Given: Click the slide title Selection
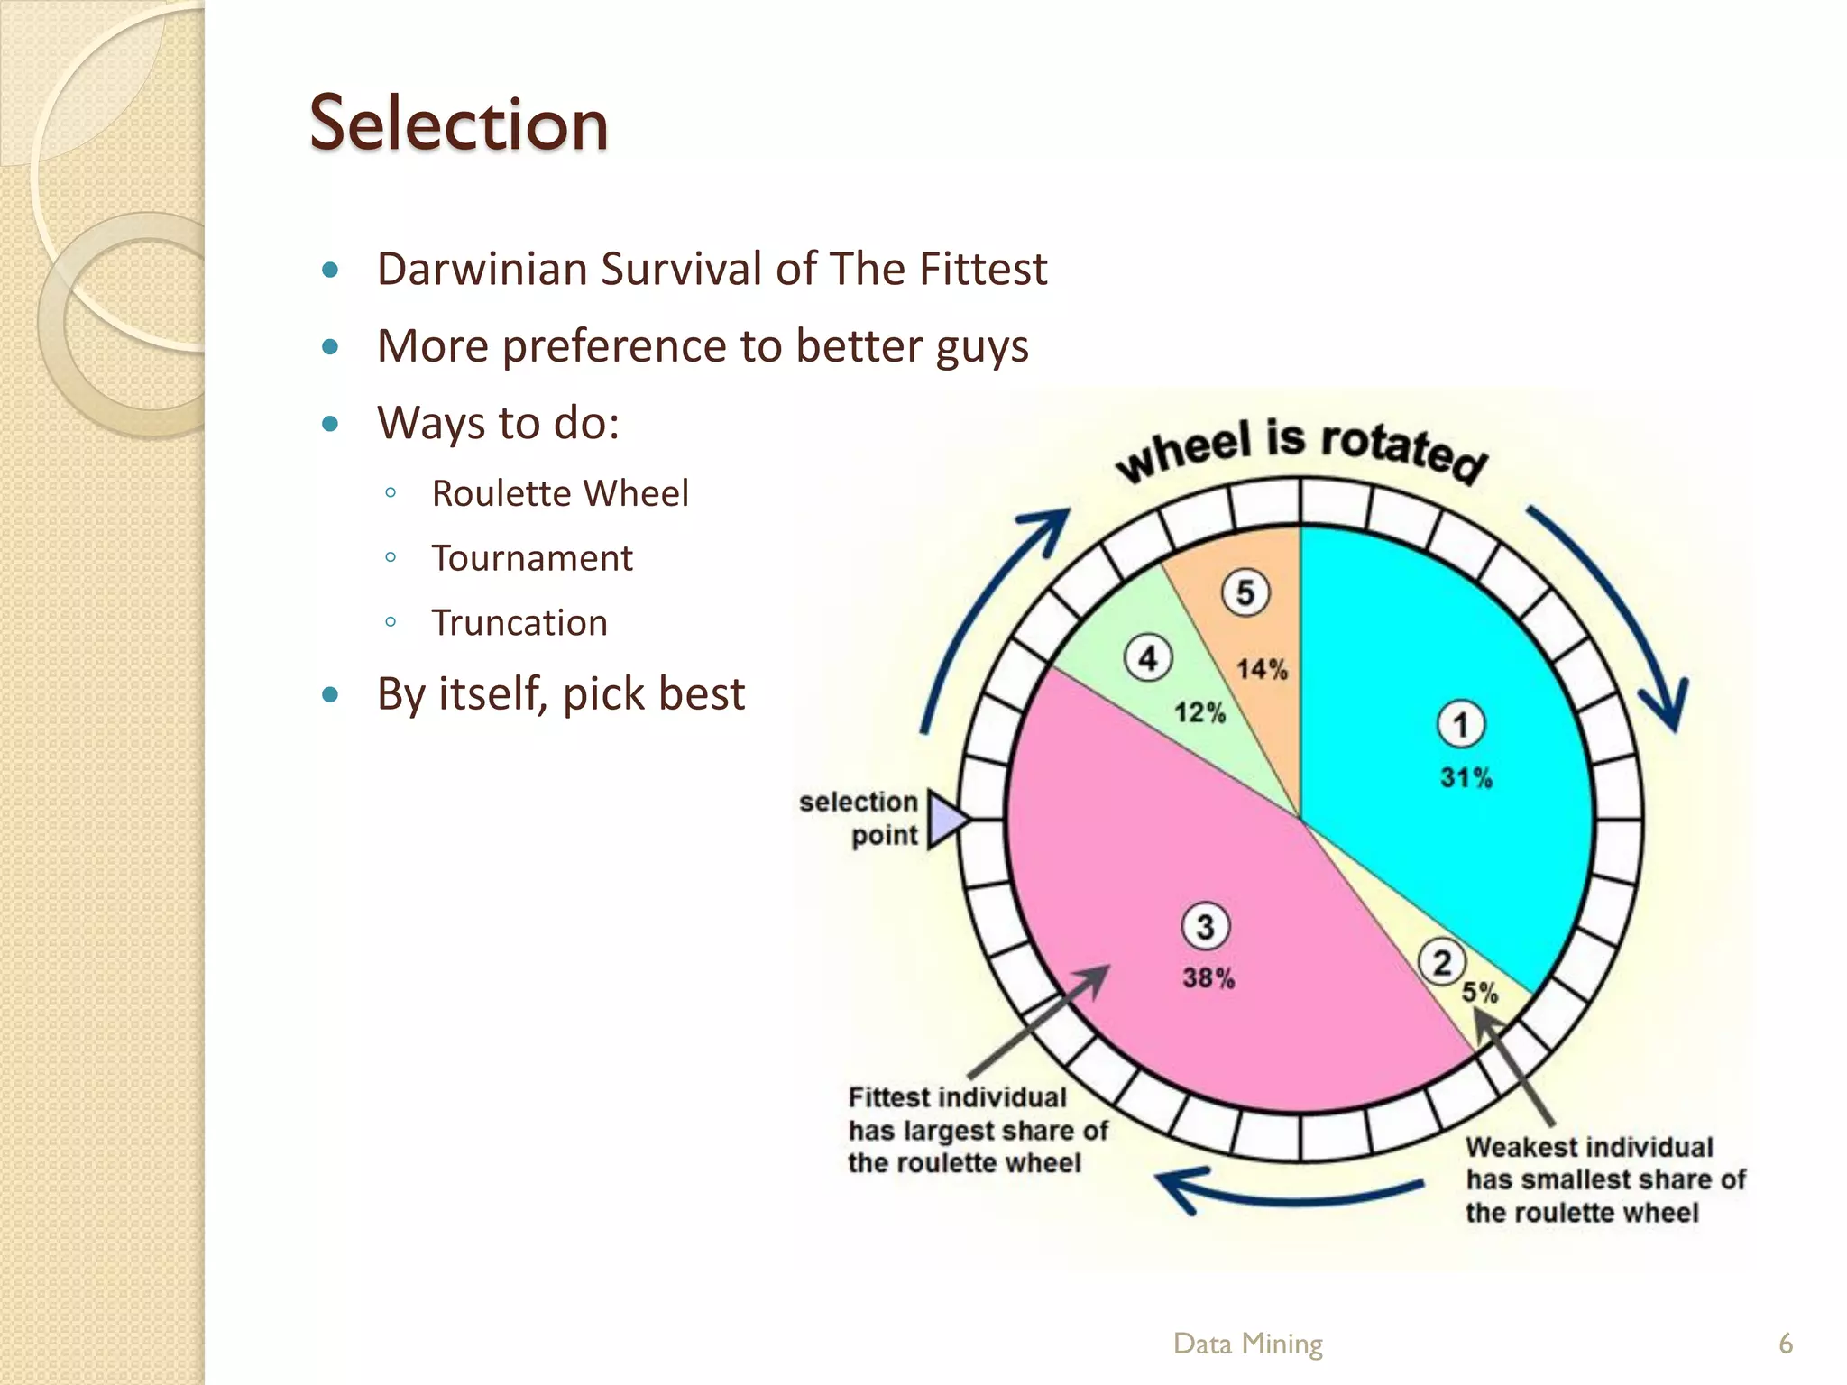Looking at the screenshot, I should pyautogui.click(x=458, y=124).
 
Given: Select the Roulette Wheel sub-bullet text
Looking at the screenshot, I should pyautogui.click(x=559, y=493).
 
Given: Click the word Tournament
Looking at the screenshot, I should pyautogui.click(x=531, y=558).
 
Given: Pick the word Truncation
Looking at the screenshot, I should pyautogui.click(x=519, y=623).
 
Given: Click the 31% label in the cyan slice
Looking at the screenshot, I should pyautogui.click(x=1466, y=777).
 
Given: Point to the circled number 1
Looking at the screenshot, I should pyautogui.click(x=1460, y=724).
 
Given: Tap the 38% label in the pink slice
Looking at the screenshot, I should pyautogui.click(x=1208, y=977).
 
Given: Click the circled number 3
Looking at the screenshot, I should pyautogui.click(x=1205, y=927).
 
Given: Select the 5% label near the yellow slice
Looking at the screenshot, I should pyautogui.click(x=1479, y=993).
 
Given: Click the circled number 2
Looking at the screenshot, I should pyautogui.click(x=1441, y=962).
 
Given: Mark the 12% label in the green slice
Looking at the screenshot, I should pyautogui.click(x=1199, y=713).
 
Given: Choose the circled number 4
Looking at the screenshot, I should pyautogui.click(x=1147, y=658).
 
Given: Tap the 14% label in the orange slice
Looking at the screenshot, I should pyautogui.click(x=1262, y=669).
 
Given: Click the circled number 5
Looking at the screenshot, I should pyautogui.click(x=1245, y=593).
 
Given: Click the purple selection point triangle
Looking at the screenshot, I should pyautogui.click(x=945, y=820).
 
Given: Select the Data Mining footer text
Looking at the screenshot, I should pyautogui.click(x=1247, y=1344).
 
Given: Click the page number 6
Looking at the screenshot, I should pyautogui.click(x=1785, y=1344).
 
